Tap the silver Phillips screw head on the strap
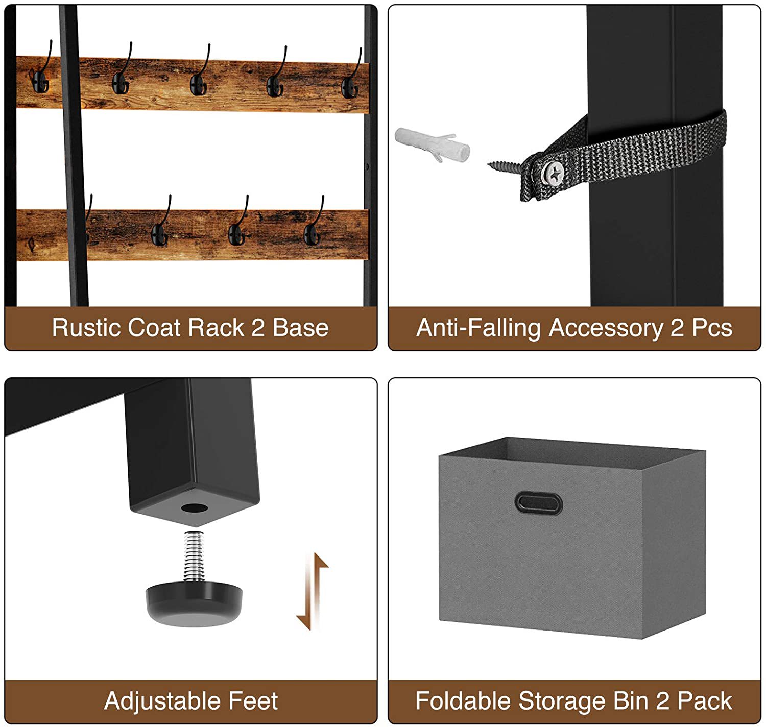tap(554, 173)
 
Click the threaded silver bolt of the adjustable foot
tap(194, 556)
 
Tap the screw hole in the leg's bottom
tap(195, 508)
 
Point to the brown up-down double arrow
tap(312, 591)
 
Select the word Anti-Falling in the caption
tap(479, 328)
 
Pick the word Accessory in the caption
tap(606, 328)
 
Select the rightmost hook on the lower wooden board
tap(314, 221)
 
